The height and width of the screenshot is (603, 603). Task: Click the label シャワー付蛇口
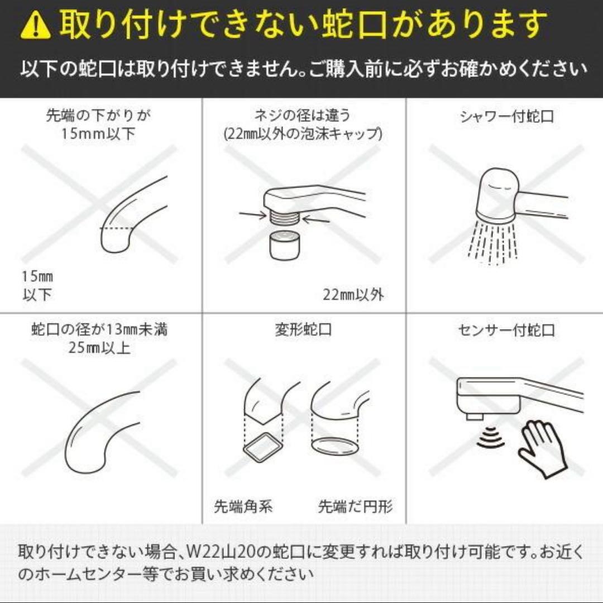pyautogui.click(x=506, y=117)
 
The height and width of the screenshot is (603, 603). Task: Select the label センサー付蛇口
pyautogui.click(x=506, y=330)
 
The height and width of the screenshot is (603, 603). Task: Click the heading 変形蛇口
pyautogui.click(x=303, y=329)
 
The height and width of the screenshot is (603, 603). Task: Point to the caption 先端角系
pyautogui.click(x=243, y=506)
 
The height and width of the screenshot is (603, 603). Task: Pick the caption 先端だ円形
pyautogui.click(x=356, y=506)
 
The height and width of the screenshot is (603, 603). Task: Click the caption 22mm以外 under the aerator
pyautogui.click(x=353, y=294)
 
